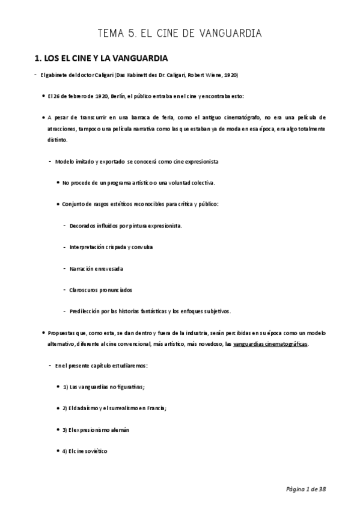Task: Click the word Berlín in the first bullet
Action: (103, 96)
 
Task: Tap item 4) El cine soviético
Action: (85, 451)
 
